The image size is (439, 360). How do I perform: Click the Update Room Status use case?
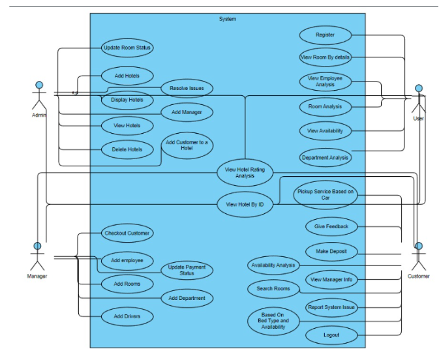coord(127,48)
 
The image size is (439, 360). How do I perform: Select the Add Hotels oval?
coord(127,76)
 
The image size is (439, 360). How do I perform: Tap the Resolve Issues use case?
coord(187,88)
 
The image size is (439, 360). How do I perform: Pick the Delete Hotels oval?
coord(127,149)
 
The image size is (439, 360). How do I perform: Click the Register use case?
coord(325,35)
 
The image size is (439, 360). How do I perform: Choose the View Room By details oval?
coord(325,57)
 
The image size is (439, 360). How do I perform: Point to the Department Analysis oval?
coord(325,157)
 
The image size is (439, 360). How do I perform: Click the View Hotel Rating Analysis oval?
coord(245,172)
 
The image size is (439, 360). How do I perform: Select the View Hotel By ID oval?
coord(245,203)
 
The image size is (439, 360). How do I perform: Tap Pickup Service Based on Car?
coord(325,194)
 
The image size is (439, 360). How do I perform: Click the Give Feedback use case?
coord(331,226)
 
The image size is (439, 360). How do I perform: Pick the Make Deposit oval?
coord(331,251)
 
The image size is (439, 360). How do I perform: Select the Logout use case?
coord(331,335)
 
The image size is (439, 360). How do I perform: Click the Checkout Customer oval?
coord(127,233)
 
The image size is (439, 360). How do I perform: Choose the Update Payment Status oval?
coord(187,270)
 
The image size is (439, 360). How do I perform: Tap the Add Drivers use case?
coord(127,316)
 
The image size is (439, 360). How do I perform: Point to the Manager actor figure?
coord(37,256)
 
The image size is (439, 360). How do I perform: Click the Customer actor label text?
coord(419,277)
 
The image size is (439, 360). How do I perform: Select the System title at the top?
coord(228,19)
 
